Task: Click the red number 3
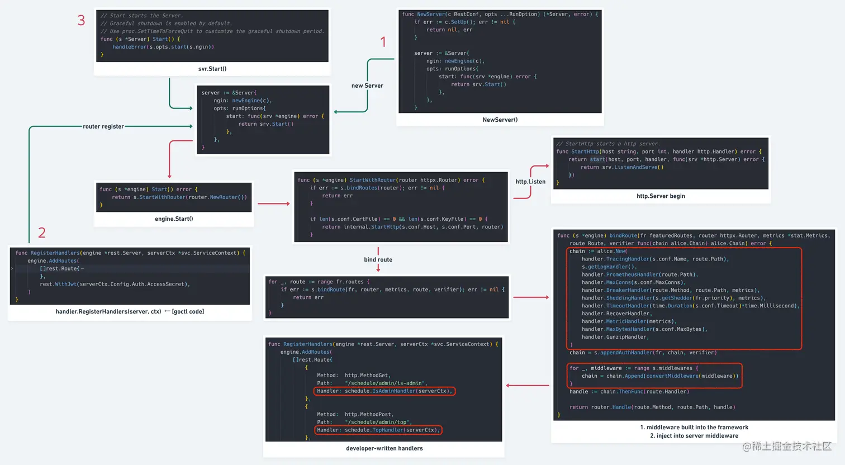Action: [x=81, y=21]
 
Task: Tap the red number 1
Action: [x=383, y=42]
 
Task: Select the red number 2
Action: [x=42, y=232]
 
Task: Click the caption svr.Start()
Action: [x=212, y=69]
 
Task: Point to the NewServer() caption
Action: [x=500, y=120]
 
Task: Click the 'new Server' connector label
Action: [x=367, y=86]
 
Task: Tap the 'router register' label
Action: [x=103, y=126]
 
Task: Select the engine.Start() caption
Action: [x=174, y=219]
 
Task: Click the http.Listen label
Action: [x=530, y=182]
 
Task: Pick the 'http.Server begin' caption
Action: [x=661, y=196]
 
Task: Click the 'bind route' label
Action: [x=378, y=259]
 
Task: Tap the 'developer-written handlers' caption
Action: [x=384, y=448]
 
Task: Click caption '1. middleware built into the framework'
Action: [x=694, y=428]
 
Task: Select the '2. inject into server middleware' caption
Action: [x=694, y=436]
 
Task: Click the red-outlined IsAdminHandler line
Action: [x=384, y=391]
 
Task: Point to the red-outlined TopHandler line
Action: [x=378, y=430]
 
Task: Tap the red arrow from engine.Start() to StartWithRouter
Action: [x=273, y=203]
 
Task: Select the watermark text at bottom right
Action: [x=787, y=446]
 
